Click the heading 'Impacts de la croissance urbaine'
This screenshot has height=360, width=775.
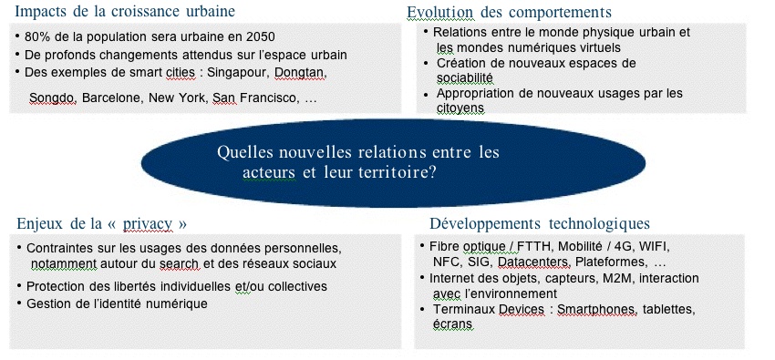click(x=125, y=12)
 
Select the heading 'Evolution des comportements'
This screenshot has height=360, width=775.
click(x=509, y=12)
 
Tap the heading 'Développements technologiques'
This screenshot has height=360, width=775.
click(x=540, y=223)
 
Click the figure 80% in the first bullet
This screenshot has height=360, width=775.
click(x=41, y=37)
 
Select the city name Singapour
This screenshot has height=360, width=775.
click(x=242, y=71)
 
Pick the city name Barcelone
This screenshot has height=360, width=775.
click(x=112, y=97)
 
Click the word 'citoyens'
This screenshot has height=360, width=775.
click(x=460, y=108)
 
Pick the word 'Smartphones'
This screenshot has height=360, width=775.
click(x=596, y=310)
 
